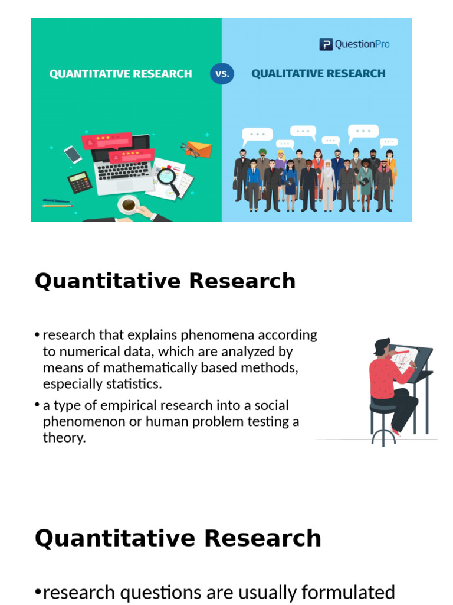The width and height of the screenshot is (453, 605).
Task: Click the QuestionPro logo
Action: tap(354, 44)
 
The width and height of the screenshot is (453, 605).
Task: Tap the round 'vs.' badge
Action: tap(222, 74)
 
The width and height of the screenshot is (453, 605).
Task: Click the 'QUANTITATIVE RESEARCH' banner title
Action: tap(121, 74)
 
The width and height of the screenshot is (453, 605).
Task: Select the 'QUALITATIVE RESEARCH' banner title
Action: tap(319, 74)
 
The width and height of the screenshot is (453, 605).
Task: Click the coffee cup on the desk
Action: tap(128, 206)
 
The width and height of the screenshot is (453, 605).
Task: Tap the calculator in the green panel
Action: tap(80, 182)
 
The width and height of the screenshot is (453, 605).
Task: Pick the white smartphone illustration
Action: tap(73, 154)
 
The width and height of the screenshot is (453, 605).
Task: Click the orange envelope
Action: tap(199, 149)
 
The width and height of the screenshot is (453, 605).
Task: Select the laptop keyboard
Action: tap(124, 171)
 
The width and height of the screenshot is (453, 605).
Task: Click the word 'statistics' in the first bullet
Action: tap(133, 384)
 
